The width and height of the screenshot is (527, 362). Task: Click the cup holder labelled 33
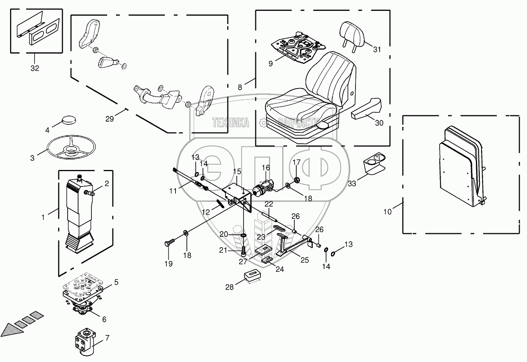click(x=374, y=163)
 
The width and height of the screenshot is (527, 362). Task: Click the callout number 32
click(x=35, y=68)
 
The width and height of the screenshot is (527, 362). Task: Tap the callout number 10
click(x=387, y=212)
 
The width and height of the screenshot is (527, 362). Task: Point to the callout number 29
click(x=110, y=119)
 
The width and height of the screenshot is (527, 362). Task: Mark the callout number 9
click(x=271, y=64)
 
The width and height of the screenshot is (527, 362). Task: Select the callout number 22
click(x=269, y=204)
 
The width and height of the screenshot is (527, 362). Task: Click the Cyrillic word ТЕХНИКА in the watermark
click(x=231, y=123)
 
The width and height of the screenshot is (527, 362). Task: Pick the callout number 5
click(x=116, y=282)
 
